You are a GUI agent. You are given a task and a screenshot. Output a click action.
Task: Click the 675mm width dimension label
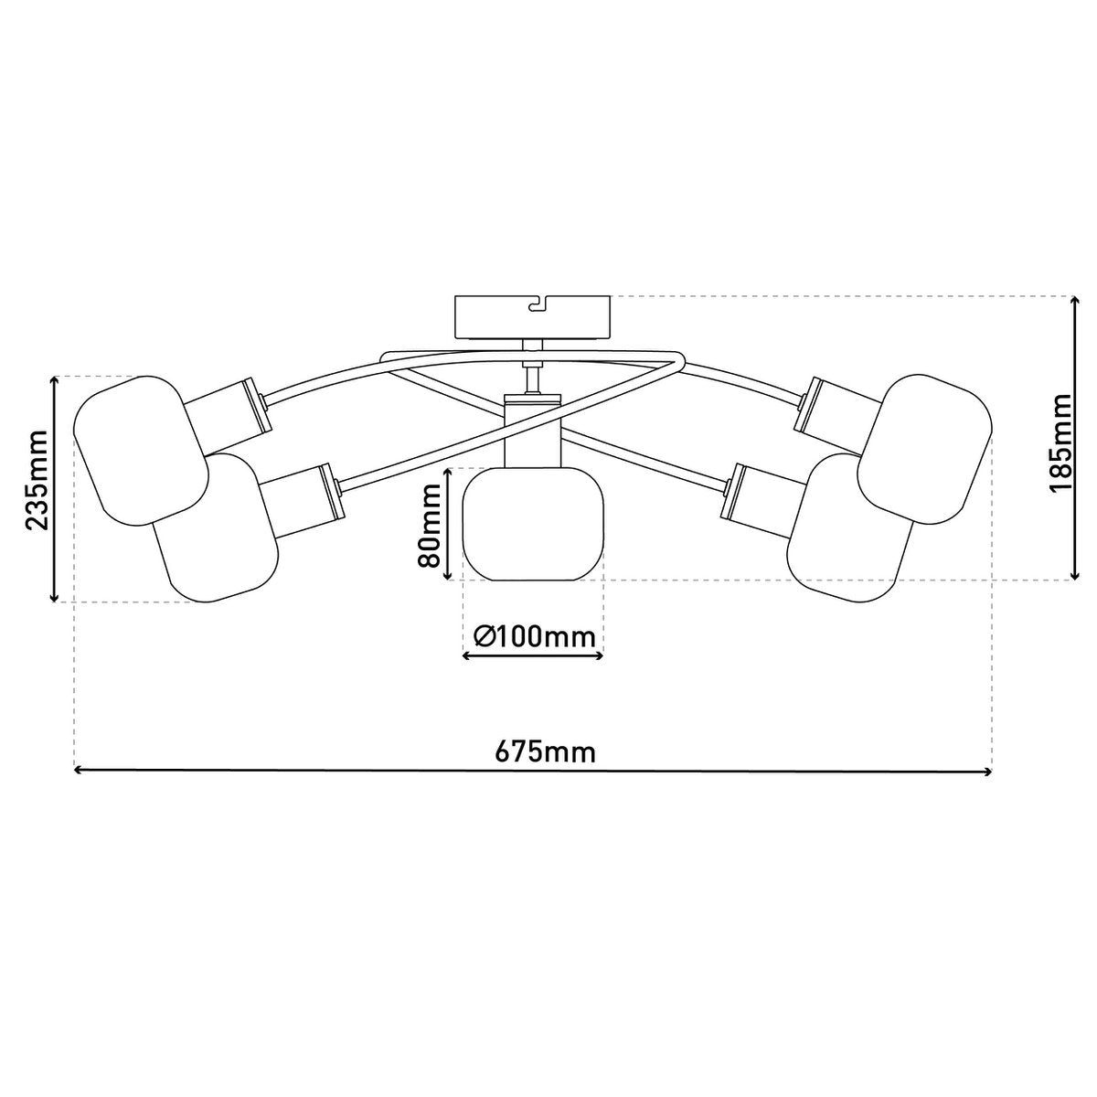[x=545, y=752]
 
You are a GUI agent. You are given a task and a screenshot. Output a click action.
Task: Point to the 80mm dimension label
[x=430, y=524]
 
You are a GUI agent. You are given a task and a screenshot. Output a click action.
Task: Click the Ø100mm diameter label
[x=534, y=636]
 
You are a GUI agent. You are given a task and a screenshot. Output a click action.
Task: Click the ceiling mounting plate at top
[x=533, y=316]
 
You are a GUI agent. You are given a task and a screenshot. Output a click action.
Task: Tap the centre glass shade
[x=533, y=524]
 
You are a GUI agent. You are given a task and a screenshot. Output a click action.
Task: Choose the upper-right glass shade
[x=924, y=449]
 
